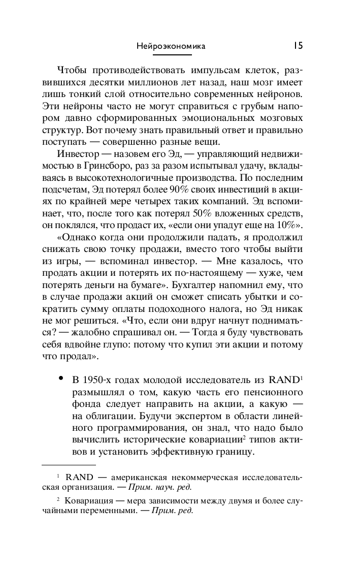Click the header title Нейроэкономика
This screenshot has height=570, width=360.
coord(171,46)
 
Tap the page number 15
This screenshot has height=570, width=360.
coord(298,46)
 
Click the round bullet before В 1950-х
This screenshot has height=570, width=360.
coord(61,379)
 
